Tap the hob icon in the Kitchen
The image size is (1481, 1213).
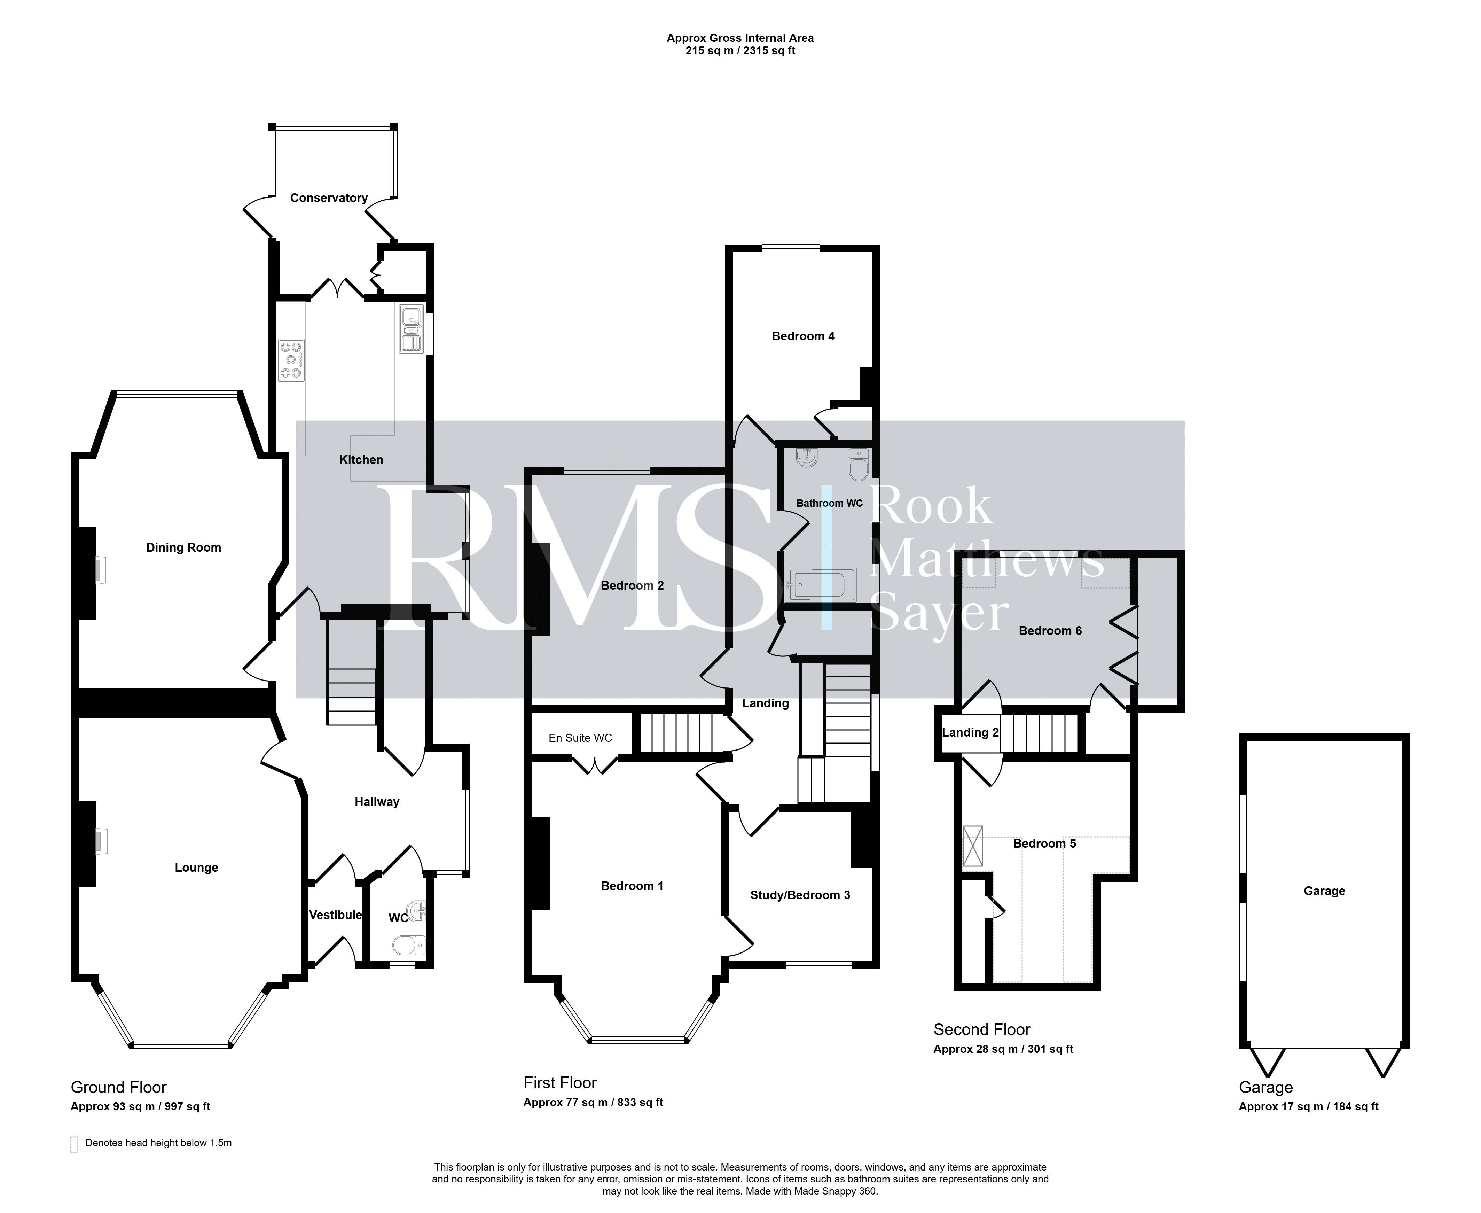291,360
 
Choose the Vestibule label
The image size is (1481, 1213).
335,915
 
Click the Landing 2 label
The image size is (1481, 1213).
970,732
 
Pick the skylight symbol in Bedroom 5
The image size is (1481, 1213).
972,846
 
